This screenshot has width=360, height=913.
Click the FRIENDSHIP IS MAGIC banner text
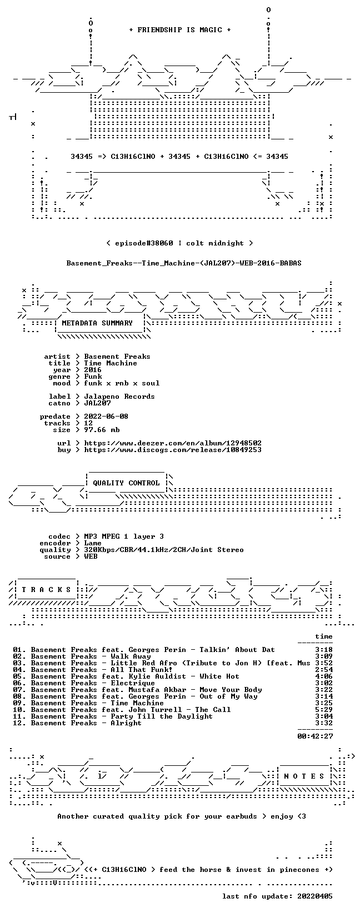click(x=180, y=30)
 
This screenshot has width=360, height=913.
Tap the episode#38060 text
click(x=144, y=243)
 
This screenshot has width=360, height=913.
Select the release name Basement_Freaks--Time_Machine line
click(x=184, y=263)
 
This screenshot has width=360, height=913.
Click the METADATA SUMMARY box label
click(x=97, y=323)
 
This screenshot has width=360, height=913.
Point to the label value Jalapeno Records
click(x=119, y=397)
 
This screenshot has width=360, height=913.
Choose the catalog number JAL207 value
click(x=97, y=403)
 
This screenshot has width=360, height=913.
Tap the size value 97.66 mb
click(x=102, y=430)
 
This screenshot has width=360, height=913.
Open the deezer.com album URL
click(x=173, y=443)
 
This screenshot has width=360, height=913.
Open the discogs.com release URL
click(x=173, y=450)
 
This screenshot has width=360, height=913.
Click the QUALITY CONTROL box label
click(x=126, y=483)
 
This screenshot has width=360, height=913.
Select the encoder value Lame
click(x=93, y=543)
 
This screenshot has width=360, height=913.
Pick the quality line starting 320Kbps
click(x=164, y=550)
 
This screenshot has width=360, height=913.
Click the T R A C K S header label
click(x=46, y=590)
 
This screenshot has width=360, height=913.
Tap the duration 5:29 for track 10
click(x=324, y=710)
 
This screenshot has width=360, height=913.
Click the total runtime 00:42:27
click(x=315, y=736)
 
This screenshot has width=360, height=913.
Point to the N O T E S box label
click(x=304, y=776)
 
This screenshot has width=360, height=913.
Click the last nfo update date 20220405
click(x=315, y=896)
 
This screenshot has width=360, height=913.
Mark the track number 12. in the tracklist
click(x=19, y=723)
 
